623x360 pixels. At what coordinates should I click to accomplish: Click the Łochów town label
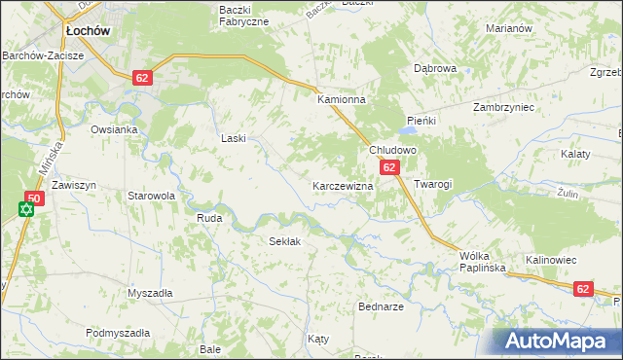pos(87,31)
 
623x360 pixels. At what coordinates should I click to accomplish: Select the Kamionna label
pos(341,100)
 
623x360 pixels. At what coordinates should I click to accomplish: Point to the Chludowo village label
pos(392,151)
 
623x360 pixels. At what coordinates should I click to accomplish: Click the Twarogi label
pos(433,184)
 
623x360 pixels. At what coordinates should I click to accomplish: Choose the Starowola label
pos(151,196)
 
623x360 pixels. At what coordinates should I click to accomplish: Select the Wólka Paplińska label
pos(474,263)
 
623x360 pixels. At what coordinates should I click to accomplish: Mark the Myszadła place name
pos(150,293)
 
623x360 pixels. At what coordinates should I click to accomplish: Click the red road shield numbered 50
pos(33,198)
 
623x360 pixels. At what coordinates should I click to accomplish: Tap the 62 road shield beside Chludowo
pos(389,167)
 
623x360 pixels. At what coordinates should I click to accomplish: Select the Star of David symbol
pos(26,209)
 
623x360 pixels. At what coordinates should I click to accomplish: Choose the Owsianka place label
pos(115,128)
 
